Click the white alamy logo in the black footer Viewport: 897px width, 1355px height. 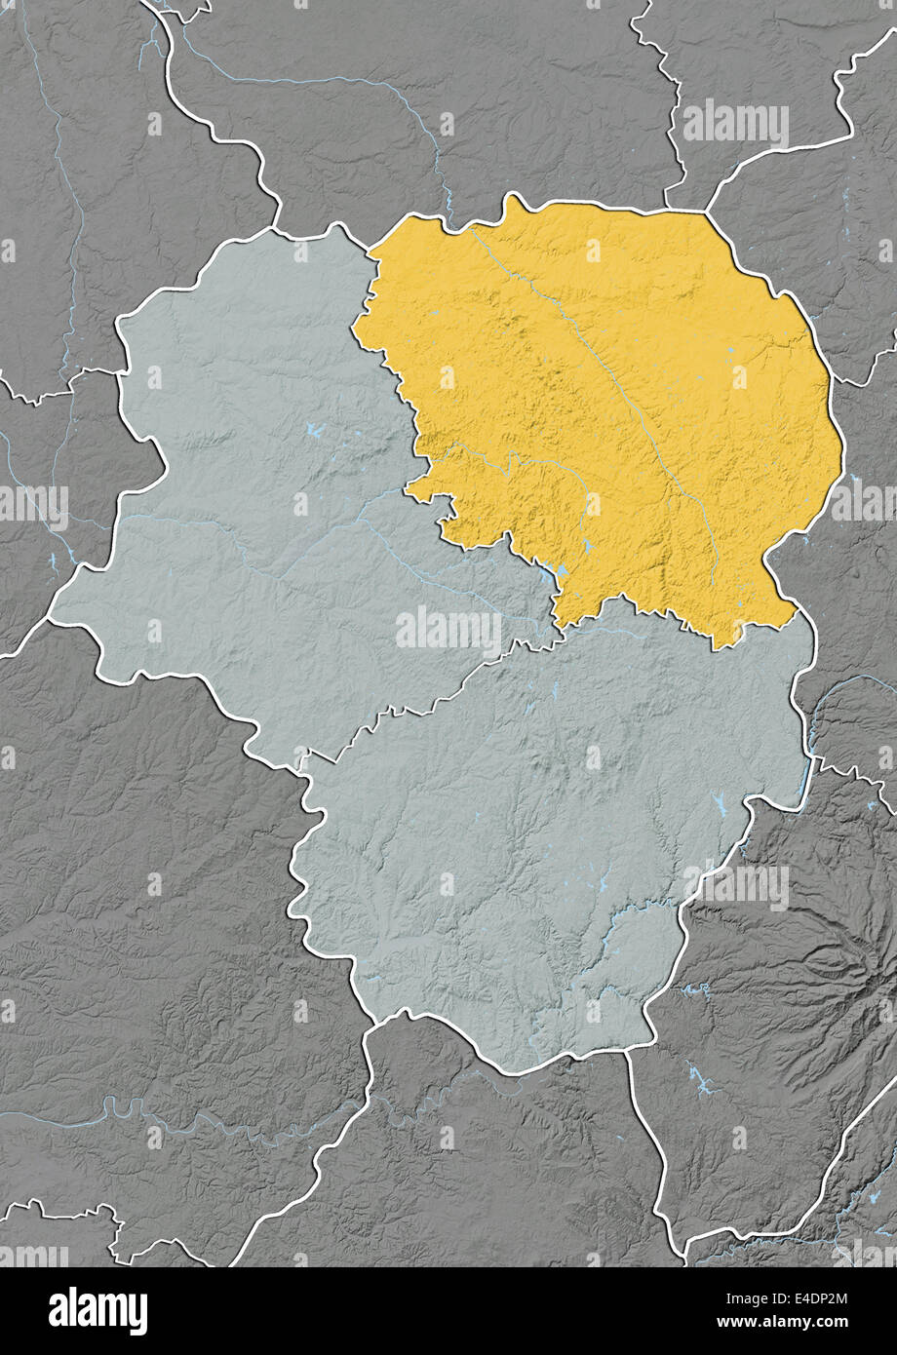[97, 1311]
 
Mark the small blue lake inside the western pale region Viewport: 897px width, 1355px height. [313, 428]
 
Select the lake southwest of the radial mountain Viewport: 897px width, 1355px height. [700, 1077]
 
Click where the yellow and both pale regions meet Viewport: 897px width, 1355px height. [557, 625]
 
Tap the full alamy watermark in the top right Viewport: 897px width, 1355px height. [735, 125]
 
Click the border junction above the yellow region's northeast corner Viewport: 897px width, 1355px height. [703, 210]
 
